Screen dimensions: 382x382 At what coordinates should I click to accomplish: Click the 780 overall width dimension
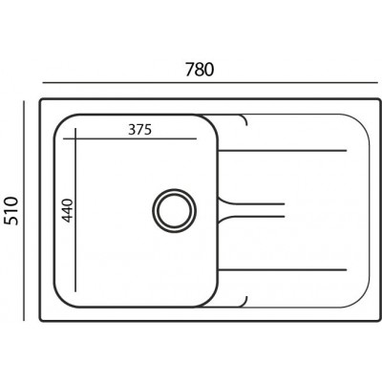(198, 70)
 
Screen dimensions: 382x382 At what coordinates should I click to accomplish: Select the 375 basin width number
(138, 129)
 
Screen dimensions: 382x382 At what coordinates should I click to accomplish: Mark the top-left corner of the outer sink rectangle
(41, 97)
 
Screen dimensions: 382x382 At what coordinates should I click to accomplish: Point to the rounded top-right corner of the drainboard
(357, 124)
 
